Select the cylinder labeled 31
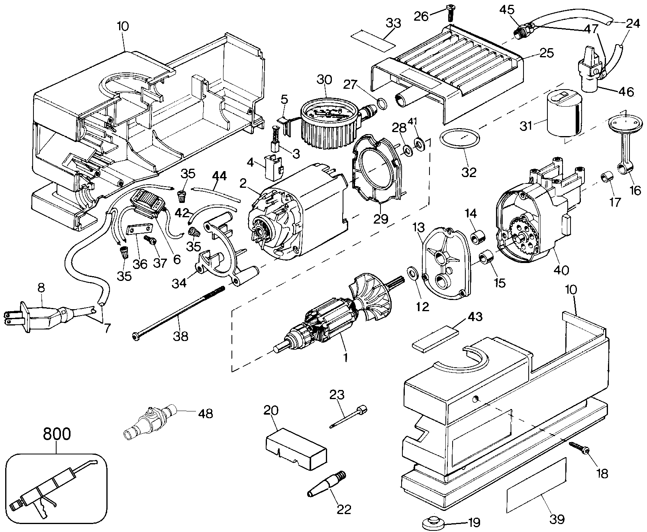[x=563, y=114]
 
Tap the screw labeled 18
[x=580, y=446]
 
